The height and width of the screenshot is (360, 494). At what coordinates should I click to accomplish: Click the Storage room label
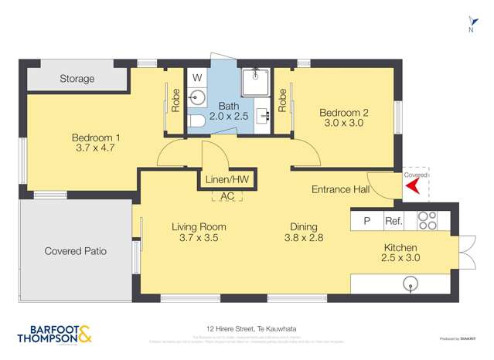point(77,79)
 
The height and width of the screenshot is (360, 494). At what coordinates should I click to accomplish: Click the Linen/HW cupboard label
point(227,179)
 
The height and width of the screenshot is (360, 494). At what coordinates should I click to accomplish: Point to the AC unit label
point(227,196)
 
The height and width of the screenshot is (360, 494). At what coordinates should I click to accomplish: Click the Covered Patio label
point(75,251)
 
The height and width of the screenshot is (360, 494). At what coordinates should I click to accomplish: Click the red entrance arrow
point(412,186)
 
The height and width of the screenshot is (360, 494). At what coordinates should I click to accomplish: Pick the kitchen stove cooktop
point(428,221)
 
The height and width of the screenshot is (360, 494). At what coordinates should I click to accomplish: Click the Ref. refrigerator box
point(393,221)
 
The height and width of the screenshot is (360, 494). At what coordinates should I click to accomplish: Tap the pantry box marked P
point(367,221)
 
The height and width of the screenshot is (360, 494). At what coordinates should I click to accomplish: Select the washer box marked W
point(197,78)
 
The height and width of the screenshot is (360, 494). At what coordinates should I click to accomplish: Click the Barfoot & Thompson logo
point(55,333)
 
